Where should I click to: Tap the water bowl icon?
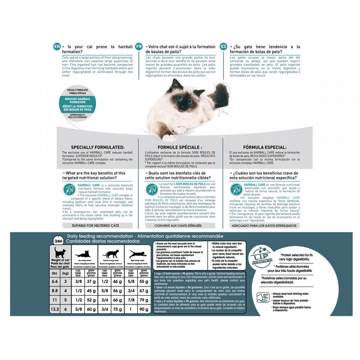264,298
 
